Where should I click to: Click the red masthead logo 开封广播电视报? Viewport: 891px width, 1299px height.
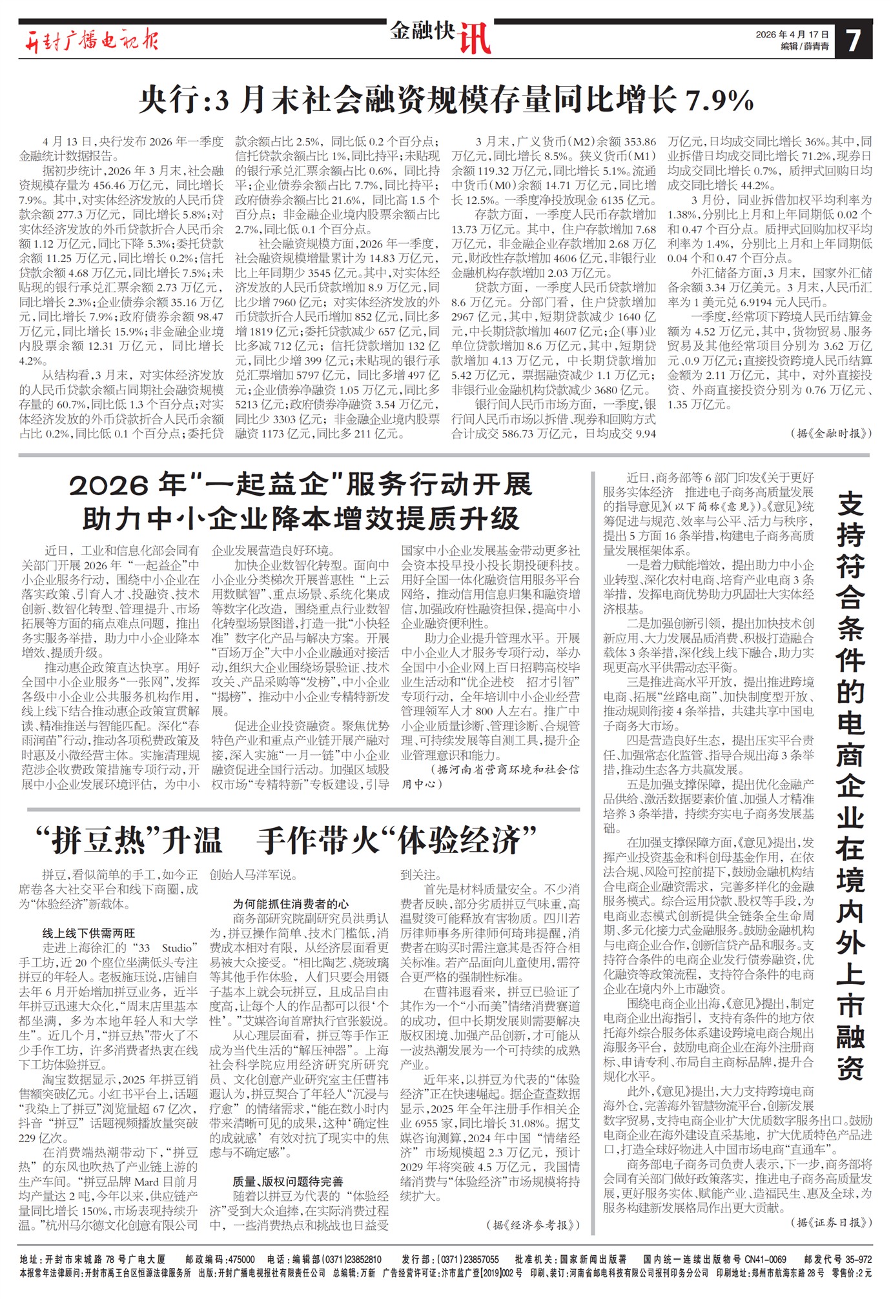click(91, 40)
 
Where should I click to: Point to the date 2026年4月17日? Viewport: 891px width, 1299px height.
click(792, 34)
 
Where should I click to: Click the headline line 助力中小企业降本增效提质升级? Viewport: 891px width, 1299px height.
click(301, 518)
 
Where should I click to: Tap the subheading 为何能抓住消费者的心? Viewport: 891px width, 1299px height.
click(291, 903)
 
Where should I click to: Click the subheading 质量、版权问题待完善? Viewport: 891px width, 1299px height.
click(288, 1181)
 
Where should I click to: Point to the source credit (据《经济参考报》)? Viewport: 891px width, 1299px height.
click(533, 1224)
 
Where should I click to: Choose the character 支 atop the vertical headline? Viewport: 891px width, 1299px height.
click(851, 503)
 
